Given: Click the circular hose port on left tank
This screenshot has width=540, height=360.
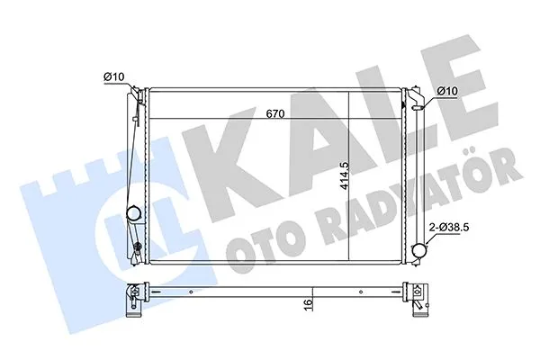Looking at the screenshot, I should point(133,214).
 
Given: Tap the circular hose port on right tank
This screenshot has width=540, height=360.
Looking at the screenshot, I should point(418,250).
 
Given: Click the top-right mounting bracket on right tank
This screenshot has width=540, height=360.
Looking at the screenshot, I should point(419,97).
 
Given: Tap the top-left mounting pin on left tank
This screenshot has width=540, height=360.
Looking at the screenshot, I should point(135,92).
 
